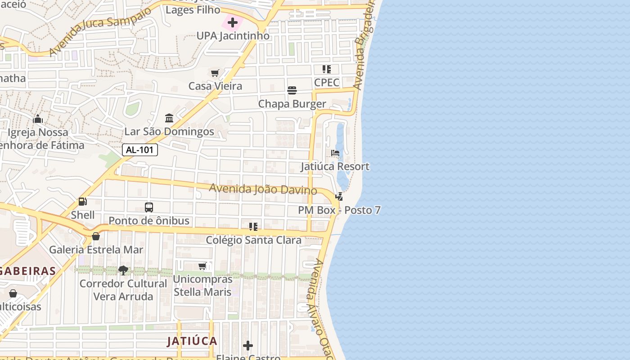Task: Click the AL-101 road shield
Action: coord(140,150)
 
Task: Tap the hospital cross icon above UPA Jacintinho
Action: coord(233,22)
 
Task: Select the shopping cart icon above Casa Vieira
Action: coord(215,73)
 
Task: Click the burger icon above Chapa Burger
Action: coord(292,90)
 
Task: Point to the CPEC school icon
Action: coord(326,69)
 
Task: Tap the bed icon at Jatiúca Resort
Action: coord(335,153)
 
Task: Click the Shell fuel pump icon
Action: coord(83,202)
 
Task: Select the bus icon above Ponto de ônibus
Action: coord(149,207)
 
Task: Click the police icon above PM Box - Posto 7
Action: coord(339,197)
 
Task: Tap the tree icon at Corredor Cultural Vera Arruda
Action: coord(123,270)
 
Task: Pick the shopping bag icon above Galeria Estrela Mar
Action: coord(96,236)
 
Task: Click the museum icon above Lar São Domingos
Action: coord(169,118)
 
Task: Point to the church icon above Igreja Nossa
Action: coord(38,119)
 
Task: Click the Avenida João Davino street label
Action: coord(263,189)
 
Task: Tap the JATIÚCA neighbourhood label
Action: coord(192,341)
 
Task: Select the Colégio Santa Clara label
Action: coord(253,240)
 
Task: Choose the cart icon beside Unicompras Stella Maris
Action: coord(203,266)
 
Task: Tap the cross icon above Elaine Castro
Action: coord(247,346)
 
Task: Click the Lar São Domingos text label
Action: coord(169,131)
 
